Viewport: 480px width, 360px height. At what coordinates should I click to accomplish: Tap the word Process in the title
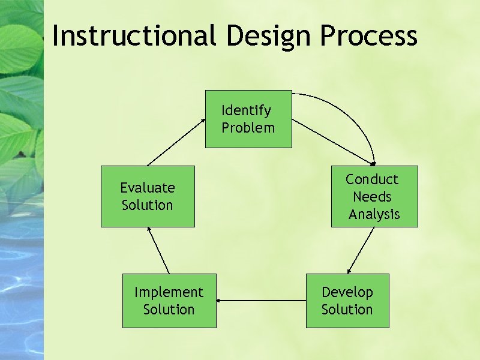[368, 35]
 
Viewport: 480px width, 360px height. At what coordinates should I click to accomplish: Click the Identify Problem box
[248, 119]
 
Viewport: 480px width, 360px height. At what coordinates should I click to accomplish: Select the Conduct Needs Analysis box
[374, 196]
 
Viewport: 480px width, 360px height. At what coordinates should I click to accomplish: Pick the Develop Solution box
[347, 301]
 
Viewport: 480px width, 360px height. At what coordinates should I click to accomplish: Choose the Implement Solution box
[169, 301]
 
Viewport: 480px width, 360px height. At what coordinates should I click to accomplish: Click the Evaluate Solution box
[148, 196]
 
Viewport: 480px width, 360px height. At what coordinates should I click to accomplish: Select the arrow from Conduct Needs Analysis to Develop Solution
[361, 250]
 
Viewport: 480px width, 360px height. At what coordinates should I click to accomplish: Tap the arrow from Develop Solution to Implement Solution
[261, 300]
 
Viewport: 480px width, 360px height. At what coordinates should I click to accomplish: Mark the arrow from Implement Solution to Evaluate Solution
[159, 251]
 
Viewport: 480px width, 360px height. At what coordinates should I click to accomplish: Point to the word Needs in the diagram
[372, 197]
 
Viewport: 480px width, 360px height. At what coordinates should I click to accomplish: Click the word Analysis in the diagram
[374, 214]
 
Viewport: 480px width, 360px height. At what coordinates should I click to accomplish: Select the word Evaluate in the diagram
[148, 188]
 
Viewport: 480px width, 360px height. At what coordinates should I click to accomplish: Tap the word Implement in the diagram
[169, 292]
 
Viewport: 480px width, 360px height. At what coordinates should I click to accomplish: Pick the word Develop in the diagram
[347, 292]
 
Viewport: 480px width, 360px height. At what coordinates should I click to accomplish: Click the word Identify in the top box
[247, 110]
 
